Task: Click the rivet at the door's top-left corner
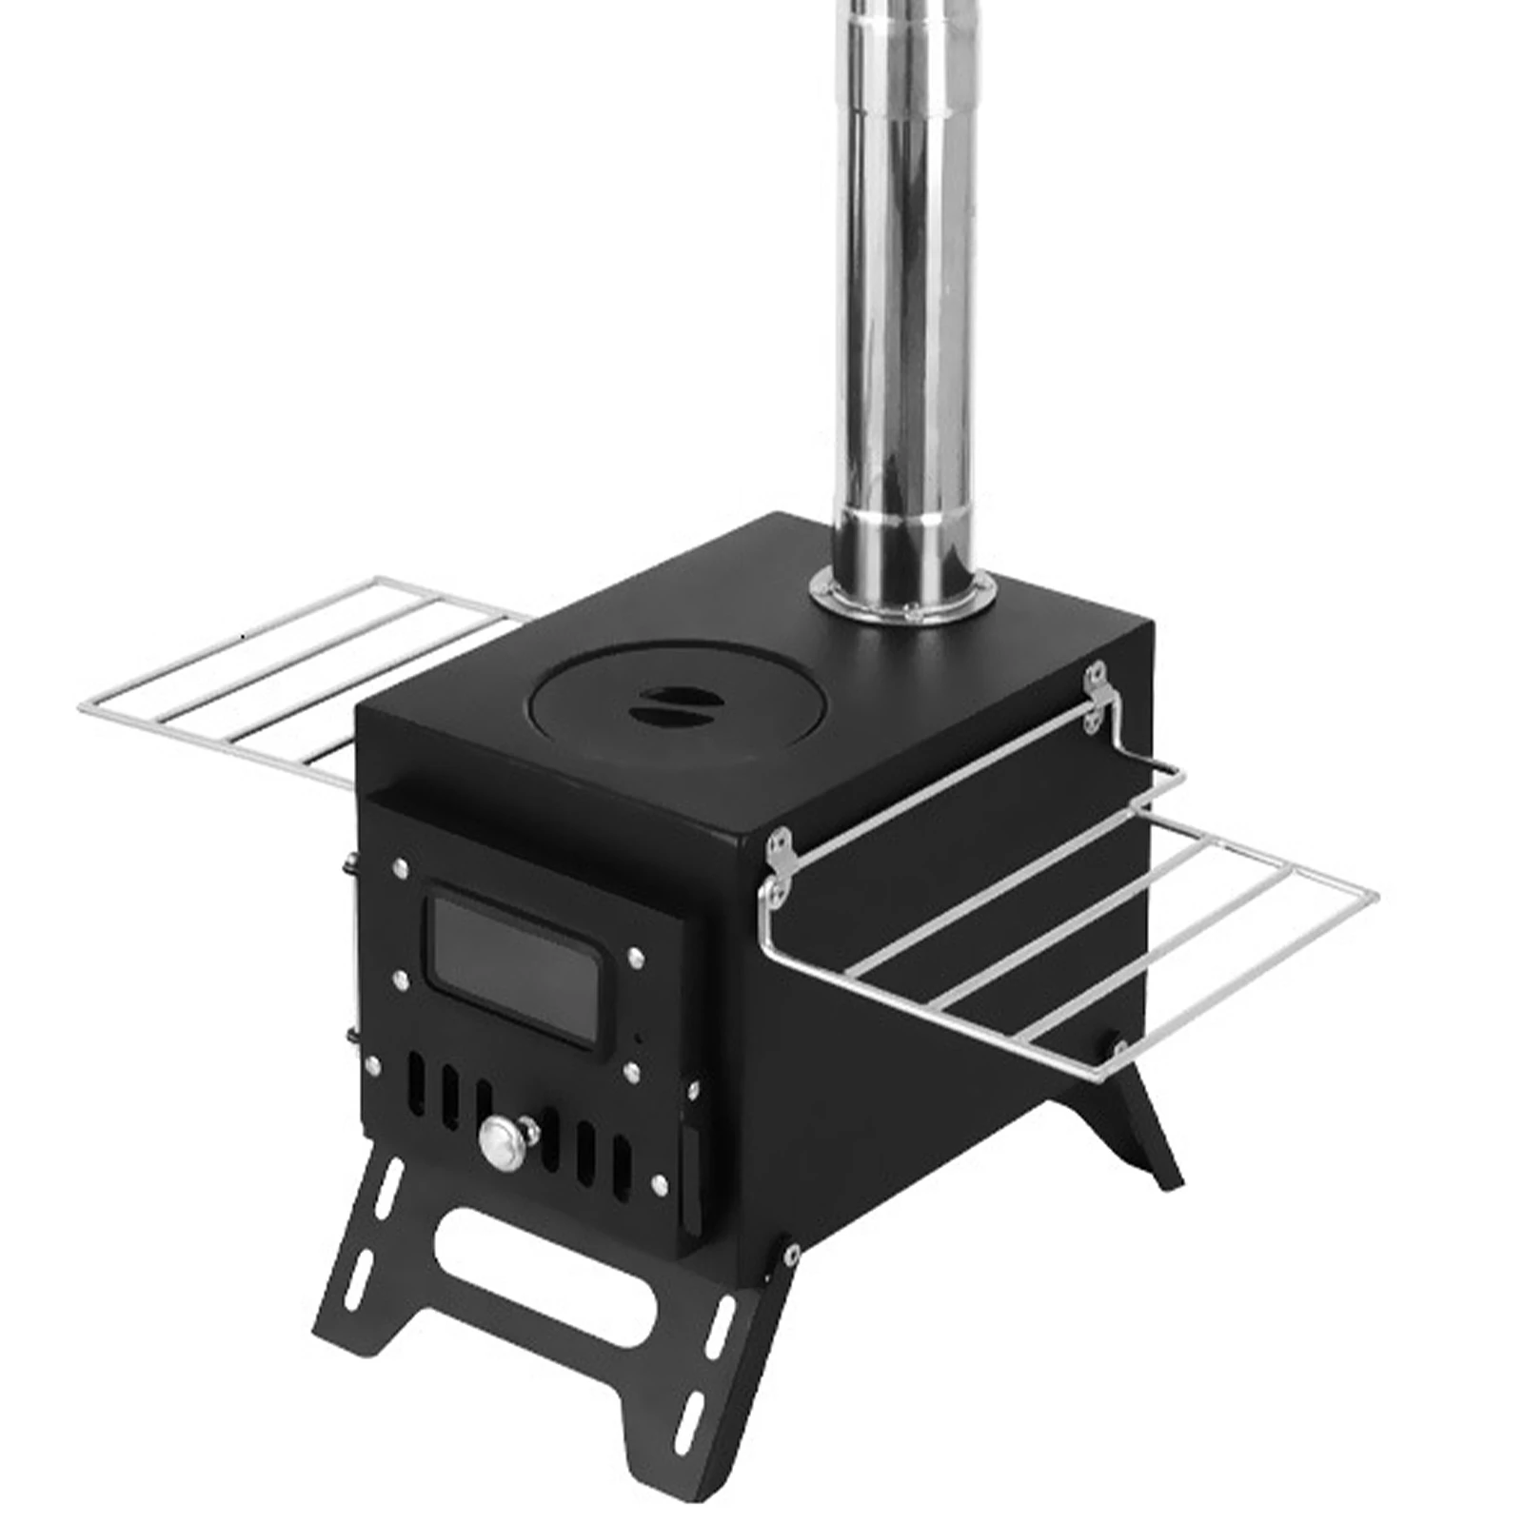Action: coord(398,867)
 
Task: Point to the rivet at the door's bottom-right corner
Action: coord(659,1182)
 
